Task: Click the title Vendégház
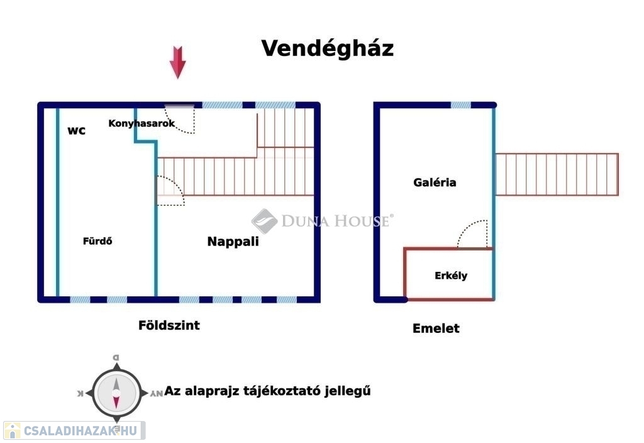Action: click(x=327, y=48)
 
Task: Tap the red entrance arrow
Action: click(x=178, y=63)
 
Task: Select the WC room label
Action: click(x=77, y=131)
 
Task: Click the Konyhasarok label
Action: click(x=142, y=123)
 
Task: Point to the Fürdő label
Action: click(x=97, y=240)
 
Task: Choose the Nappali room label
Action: click(x=233, y=241)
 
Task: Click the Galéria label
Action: click(x=435, y=182)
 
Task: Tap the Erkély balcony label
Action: click(x=451, y=276)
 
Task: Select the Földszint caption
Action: click(x=169, y=325)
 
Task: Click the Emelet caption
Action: click(x=436, y=328)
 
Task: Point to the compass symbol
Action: click(x=116, y=391)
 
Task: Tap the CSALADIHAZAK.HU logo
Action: click(x=74, y=430)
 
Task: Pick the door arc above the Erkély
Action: click(x=474, y=234)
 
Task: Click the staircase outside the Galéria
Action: click(x=556, y=174)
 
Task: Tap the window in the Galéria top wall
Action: click(x=460, y=105)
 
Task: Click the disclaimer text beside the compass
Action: click(x=268, y=391)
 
